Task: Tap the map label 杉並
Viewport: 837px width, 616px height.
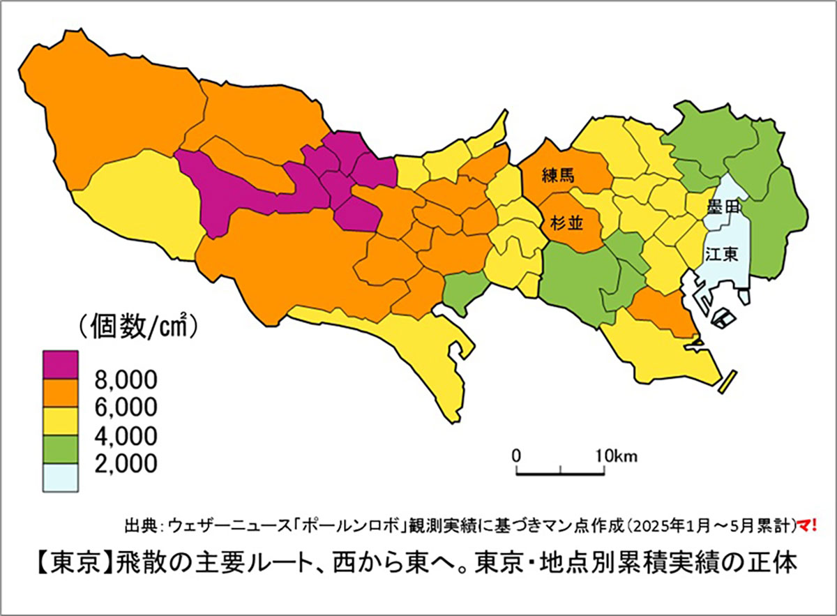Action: pyautogui.click(x=561, y=223)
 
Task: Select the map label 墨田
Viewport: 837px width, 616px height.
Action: pyautogui.click(x=721, y=207)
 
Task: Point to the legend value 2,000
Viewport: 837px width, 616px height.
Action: pyautogui.click(x=125, y=463)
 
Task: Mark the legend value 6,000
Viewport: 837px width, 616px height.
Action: pyautogui.click(x=125, y=407)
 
